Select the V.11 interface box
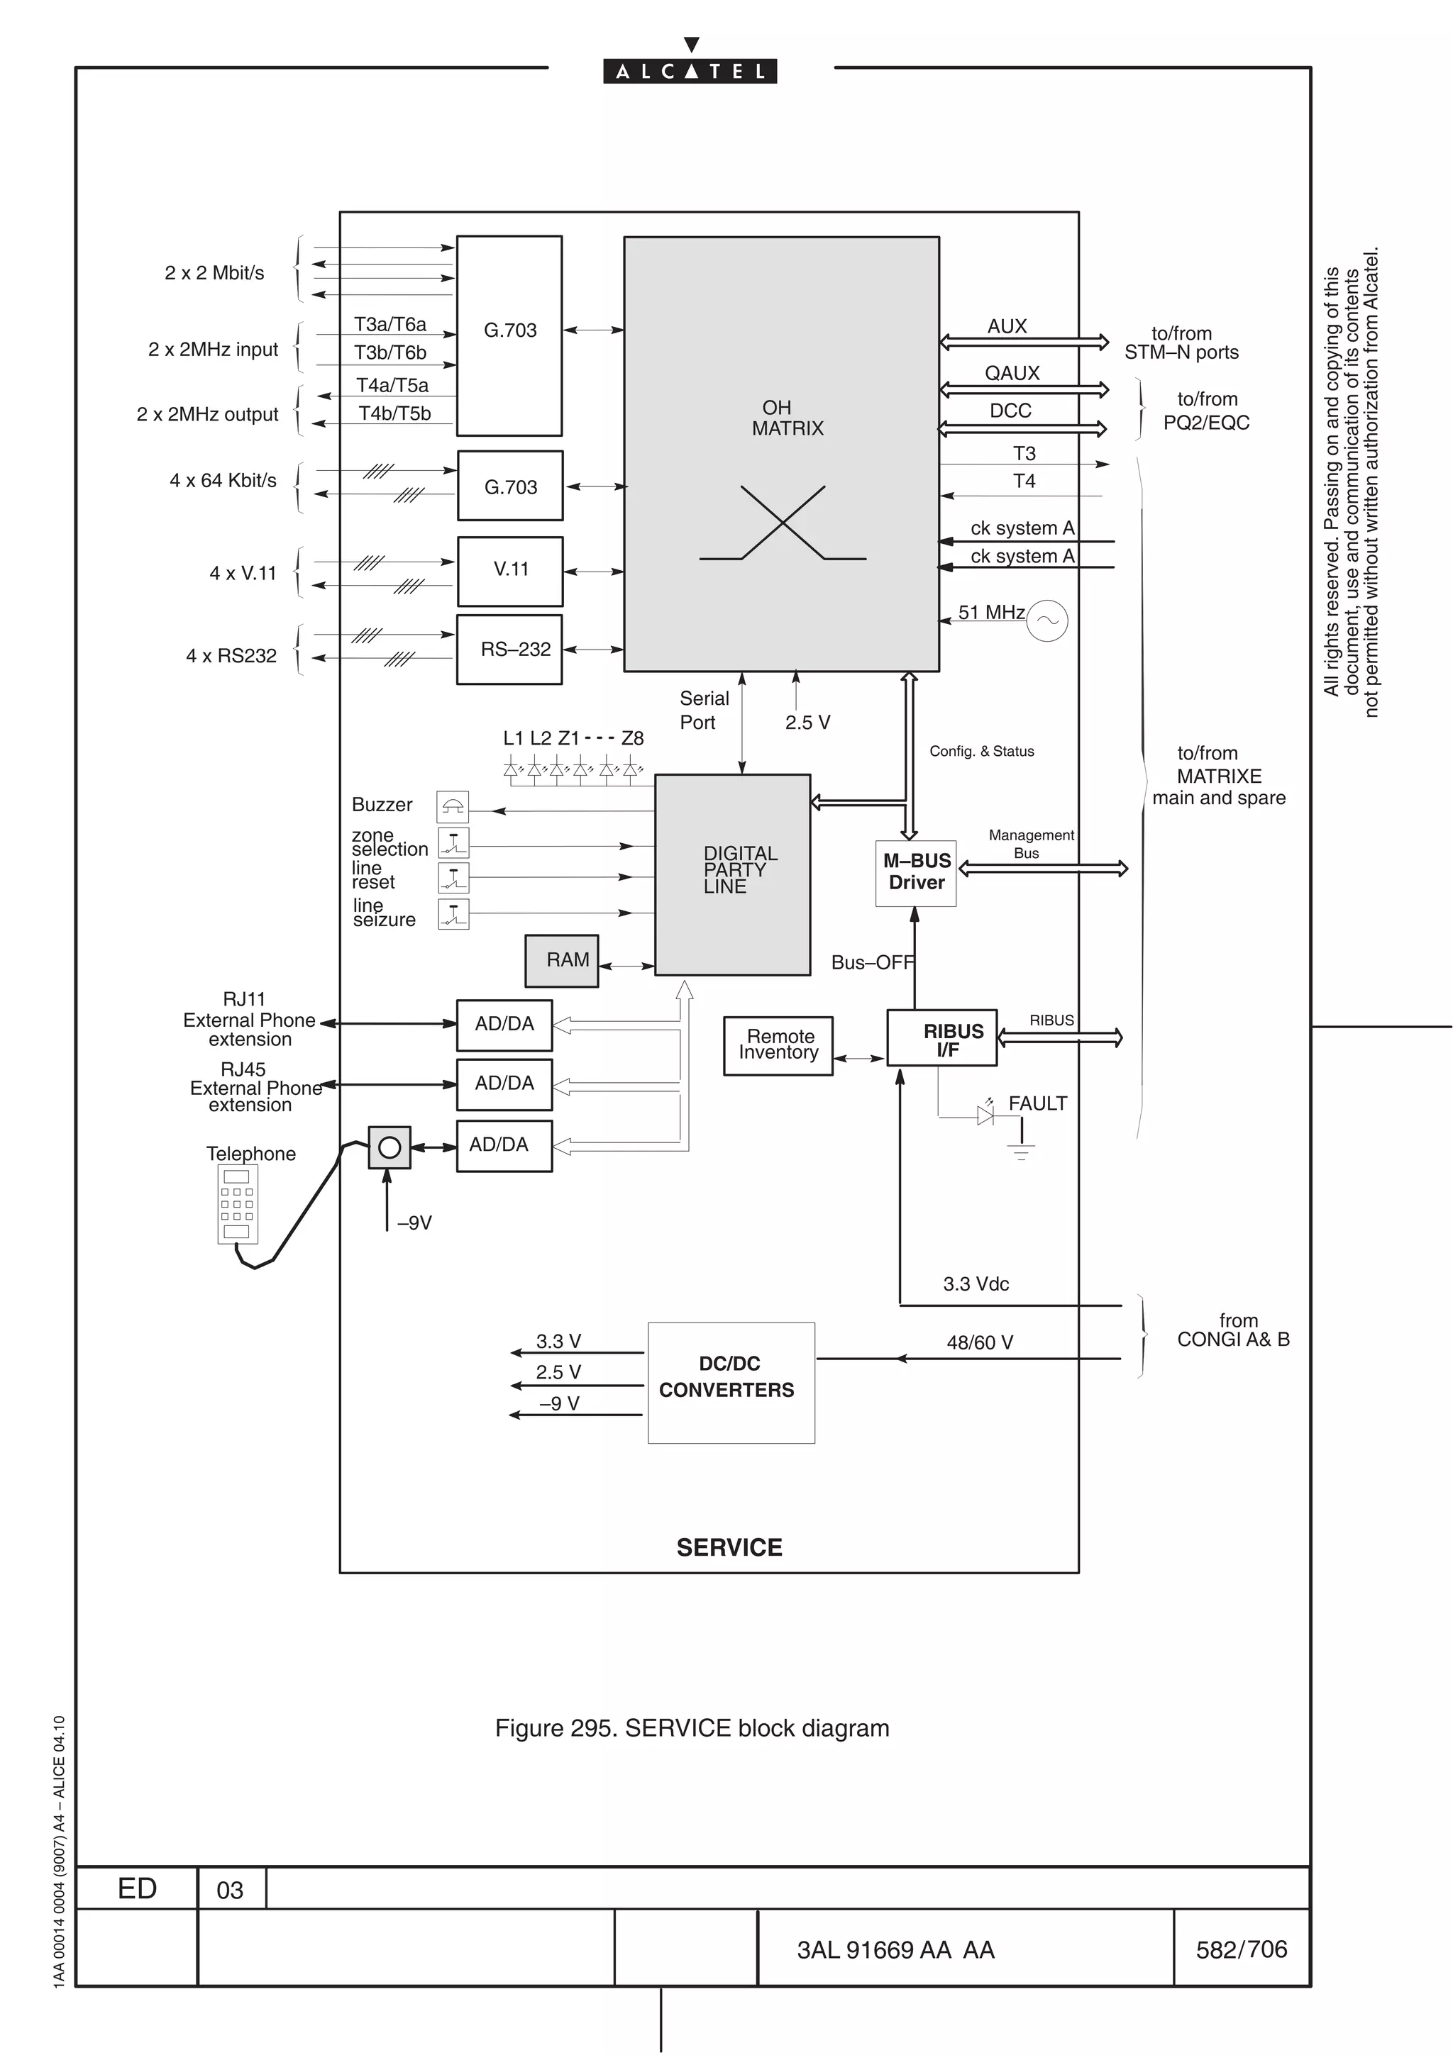click(509, 571)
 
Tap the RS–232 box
click(509, 649)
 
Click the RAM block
click(561, 960)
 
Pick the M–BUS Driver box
click(915, 873)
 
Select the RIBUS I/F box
click(941, 1038)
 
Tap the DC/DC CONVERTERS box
click(731, 1382)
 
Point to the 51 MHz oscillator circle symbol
click(1046, 620)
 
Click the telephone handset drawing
click(237, 1204)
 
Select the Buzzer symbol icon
click(452, 806)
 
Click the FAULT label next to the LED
click(1037, 1103)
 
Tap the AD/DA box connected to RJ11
click(504, 1025)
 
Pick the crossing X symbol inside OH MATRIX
click(783, 523)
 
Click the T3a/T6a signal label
click(390, 324)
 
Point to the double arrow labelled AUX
click(1023, 342)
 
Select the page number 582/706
click(1241, 1949)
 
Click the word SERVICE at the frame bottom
click(729, 1547)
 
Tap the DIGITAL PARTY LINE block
click(732, 874)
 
